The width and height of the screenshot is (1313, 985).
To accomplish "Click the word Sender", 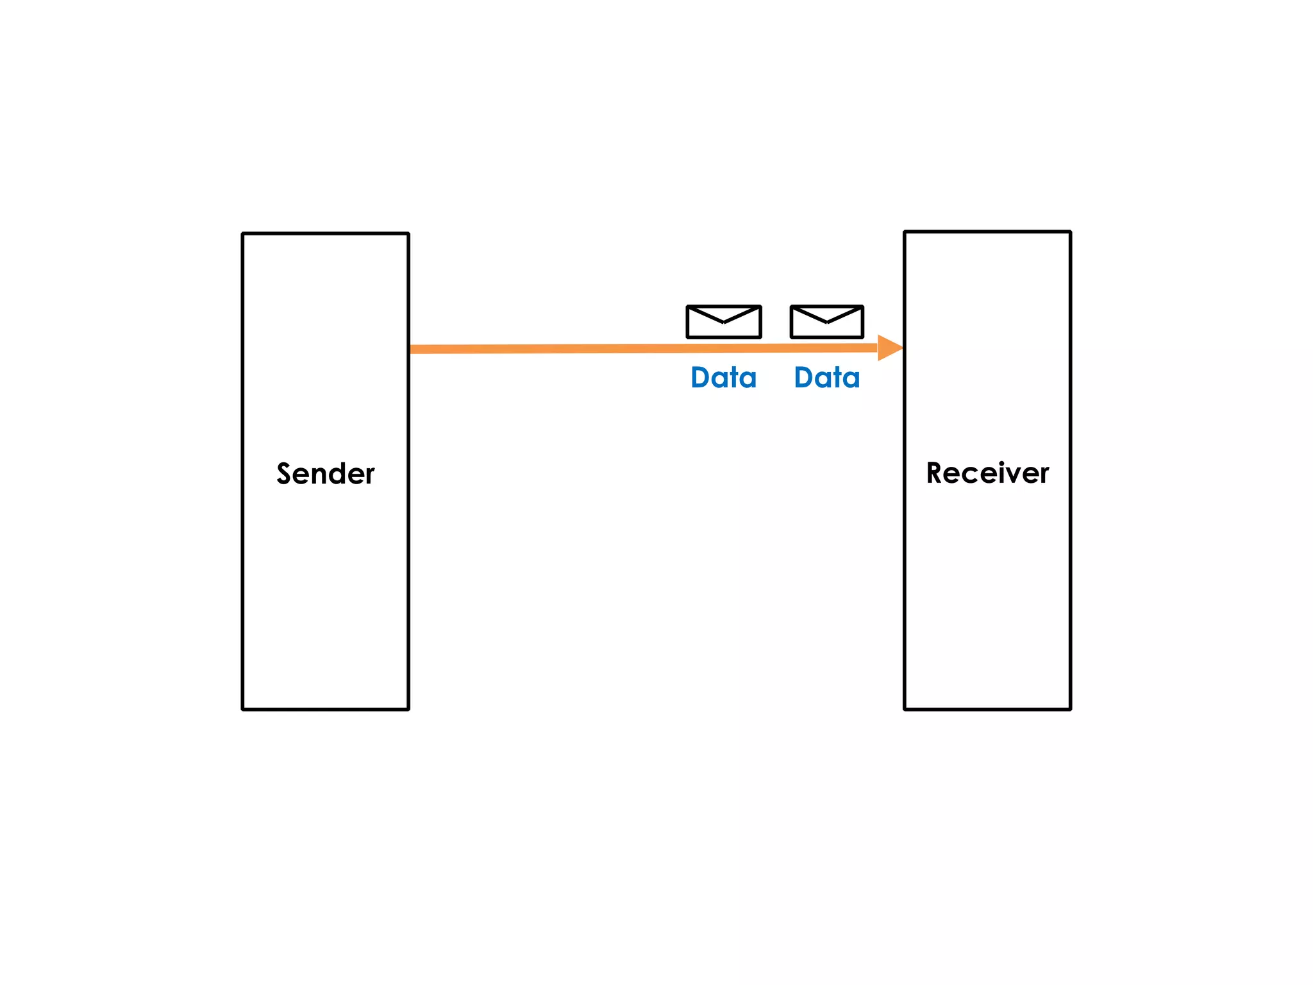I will (325, 474).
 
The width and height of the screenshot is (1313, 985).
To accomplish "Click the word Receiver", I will (987, 473).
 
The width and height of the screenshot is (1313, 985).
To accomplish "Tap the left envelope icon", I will (724, 322).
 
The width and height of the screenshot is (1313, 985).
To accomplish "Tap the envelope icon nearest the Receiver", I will (827, 322).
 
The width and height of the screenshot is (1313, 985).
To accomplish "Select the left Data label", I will (724, 378).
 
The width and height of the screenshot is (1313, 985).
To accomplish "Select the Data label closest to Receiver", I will (827, 378).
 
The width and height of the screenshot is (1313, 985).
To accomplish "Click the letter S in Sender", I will (284, 474).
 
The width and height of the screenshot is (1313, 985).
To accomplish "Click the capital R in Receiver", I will (935, 473).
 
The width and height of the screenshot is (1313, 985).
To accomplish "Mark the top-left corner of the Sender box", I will (243, 234).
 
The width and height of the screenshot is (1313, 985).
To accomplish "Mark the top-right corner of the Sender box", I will (408, 234).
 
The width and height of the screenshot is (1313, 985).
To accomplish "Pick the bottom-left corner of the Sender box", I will (243, 709).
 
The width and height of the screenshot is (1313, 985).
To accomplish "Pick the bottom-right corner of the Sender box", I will (408, 709).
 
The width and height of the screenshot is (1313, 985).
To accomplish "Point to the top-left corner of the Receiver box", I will (905, 232).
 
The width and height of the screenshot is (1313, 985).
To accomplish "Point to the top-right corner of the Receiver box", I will (1070, 232).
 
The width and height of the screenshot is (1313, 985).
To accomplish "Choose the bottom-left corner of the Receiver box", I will (905, 709).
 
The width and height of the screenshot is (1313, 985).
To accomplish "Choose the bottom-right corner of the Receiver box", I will (1070, 709).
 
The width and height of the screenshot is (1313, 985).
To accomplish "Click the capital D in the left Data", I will (701, 378).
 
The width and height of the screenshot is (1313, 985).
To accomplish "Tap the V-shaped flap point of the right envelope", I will (827, 323).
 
